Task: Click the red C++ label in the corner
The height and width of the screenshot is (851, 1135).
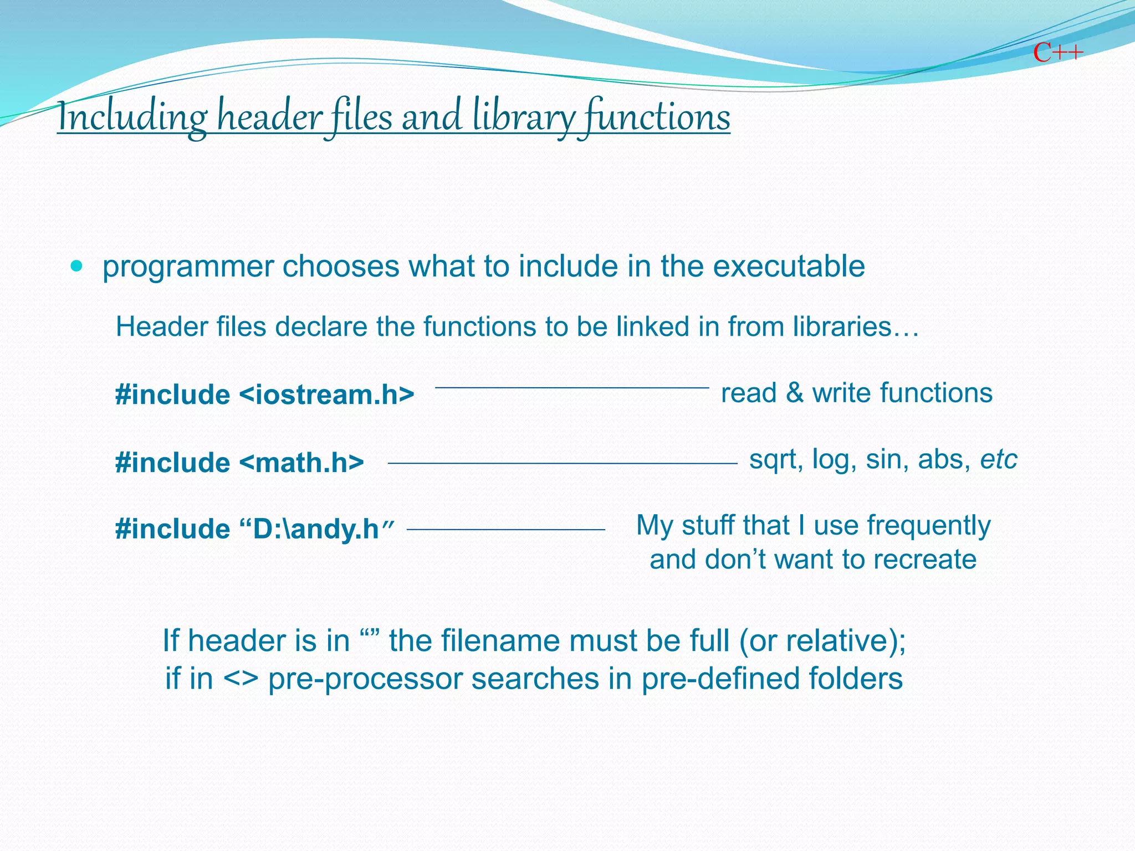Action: click(1057, 53)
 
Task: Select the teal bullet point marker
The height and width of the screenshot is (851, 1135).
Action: click(77, 266)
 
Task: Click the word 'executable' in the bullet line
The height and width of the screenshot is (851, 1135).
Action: click(788, 266)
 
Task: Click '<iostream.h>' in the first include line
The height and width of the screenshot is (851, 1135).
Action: click(327, 395)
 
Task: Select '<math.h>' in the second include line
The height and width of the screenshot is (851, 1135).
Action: click(302, 463)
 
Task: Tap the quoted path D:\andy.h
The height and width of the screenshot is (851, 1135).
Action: click(318, 529)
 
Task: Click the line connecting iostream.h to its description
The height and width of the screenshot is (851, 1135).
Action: click(572, 388)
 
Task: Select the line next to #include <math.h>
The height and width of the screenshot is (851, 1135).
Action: click(562, 463)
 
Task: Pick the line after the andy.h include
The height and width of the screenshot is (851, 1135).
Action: click(505, 530)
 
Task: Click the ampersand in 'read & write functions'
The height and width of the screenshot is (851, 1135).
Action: click(794, 393)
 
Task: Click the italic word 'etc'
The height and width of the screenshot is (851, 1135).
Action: click(999, 460)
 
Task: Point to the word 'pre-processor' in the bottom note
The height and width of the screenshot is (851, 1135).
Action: click(365, 679)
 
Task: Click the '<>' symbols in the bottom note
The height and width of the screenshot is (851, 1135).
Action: click(241, 679)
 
